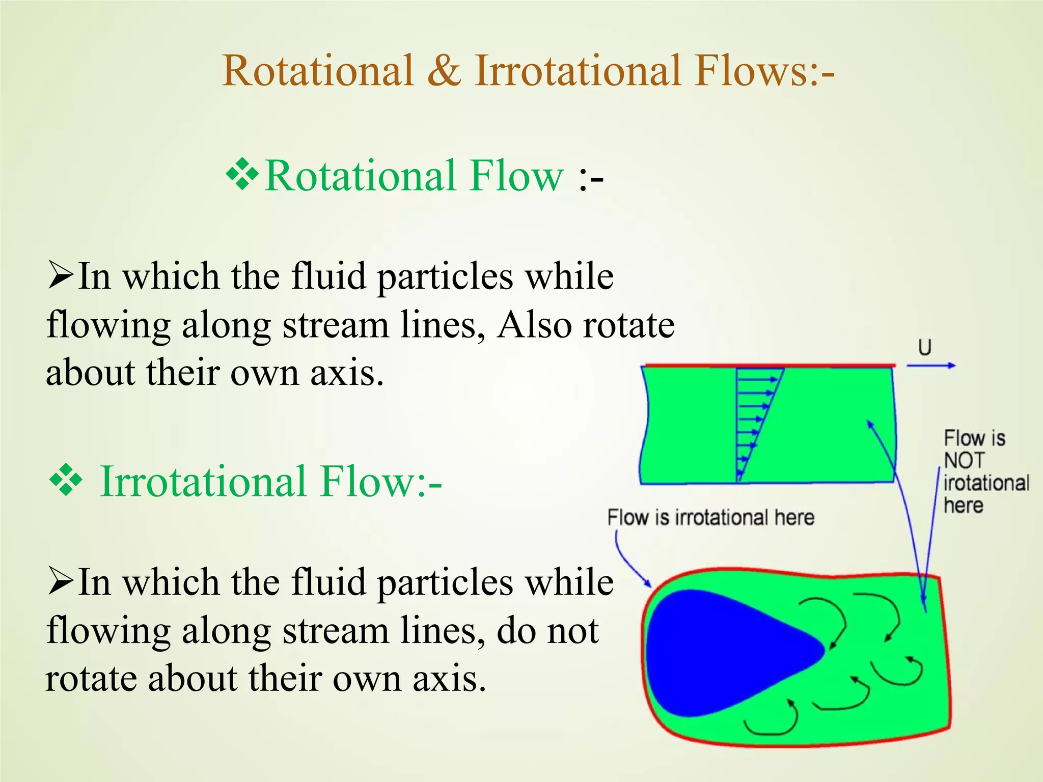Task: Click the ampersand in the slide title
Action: (444, 71)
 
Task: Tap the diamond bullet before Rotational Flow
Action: (242, 175)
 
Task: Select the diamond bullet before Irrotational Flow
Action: (66, 480)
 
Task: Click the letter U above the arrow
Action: (924, 348)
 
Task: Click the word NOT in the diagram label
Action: (964, 461)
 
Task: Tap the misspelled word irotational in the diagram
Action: (986, 483)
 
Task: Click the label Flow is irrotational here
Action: (710, 518)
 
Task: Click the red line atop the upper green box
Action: (769, 365)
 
